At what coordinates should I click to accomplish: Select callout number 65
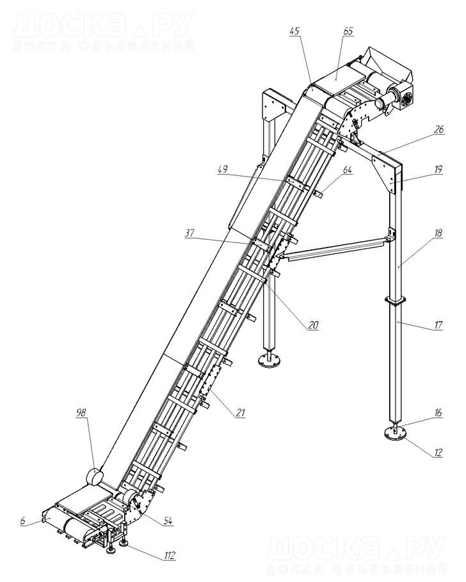tap(348, 31)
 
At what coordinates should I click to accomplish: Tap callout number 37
tap(190, 234)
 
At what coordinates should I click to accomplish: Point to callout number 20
tap(313, 325)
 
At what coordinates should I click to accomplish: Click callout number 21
tap(240, 413)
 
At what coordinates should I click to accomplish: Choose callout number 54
tap(168, 521)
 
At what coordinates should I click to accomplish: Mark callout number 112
tap(168, 554)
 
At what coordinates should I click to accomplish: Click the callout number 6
tap(23, 522)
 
